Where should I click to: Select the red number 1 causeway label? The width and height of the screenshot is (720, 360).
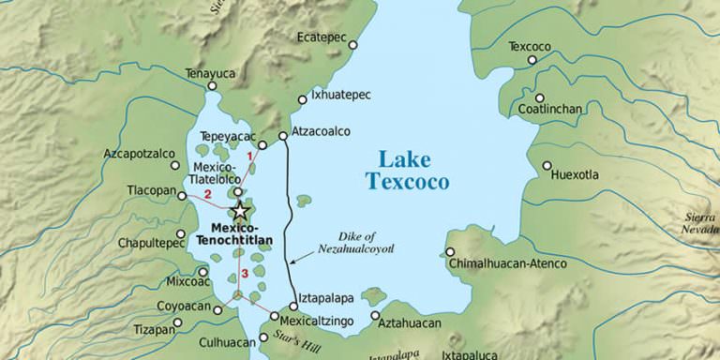tap(249, 156)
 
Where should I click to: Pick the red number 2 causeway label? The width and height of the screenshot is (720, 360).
tap(207, 195)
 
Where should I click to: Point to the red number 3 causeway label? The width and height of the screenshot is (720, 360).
tap(243, 273)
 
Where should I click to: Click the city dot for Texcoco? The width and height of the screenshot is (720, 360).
tap(532, 60)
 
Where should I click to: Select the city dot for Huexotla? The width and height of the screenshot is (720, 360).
tap(547, 166)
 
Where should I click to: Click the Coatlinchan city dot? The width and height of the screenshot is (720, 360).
tap(539, 97)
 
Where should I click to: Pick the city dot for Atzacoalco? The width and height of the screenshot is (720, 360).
tap(282, 135)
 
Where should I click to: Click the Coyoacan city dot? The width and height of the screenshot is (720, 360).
tap(217, 308)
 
